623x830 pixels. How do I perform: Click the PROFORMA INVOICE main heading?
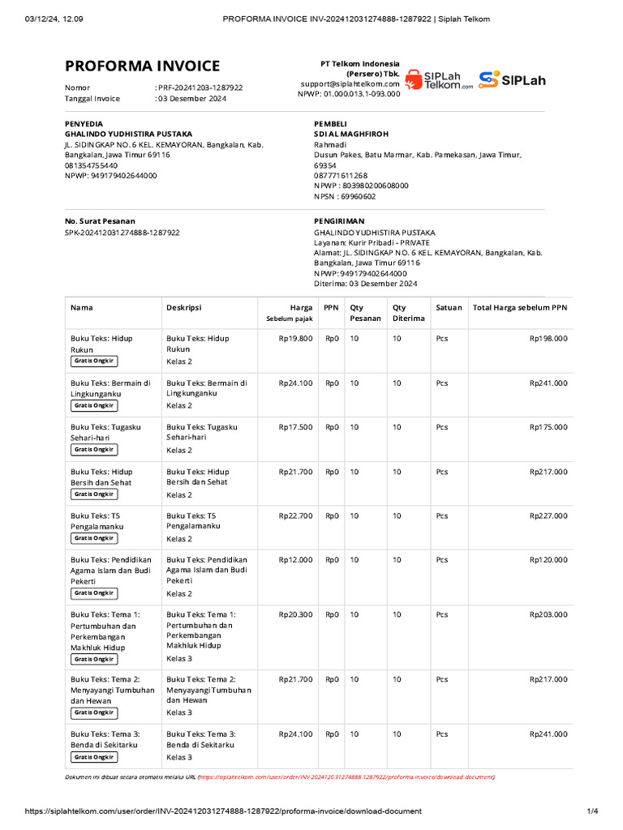pyautogui.click(x=142, y=66)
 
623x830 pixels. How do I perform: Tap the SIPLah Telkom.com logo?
pyautogui.click(x=438, y=79)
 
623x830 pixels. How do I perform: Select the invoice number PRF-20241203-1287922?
pyautogui.click(x=200, y=87)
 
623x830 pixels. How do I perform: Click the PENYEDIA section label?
pyautogui.click(x=84, y=123)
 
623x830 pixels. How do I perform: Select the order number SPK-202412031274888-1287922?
pyautogui.click(x=122, y=232)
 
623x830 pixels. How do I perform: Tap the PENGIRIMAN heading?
pyautogui.click(x=339, y=220)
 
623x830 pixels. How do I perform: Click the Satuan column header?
pyautogui.click(x=449, y=308)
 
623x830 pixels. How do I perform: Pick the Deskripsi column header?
pyautogui.click(x=184, y=308)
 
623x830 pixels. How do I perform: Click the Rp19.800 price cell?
pyautogui.click(x=295, y=339)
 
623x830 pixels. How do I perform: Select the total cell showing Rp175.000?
pyautogui.click(x=548, y=427)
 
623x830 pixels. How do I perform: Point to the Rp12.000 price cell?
pyautogui.click(x=295, y=560)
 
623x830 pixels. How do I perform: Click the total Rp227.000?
pyautogui.click(x=548, y=516)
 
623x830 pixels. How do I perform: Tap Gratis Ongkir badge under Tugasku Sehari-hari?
pyautogui.click(x=94, y=449)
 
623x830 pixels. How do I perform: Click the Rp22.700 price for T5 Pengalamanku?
pyautogui.click(x=295, y=516)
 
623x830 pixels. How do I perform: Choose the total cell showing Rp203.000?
pyautogui.click(x=548, y=614)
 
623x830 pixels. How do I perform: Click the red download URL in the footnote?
pyautogui.click(x=345, y=777)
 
